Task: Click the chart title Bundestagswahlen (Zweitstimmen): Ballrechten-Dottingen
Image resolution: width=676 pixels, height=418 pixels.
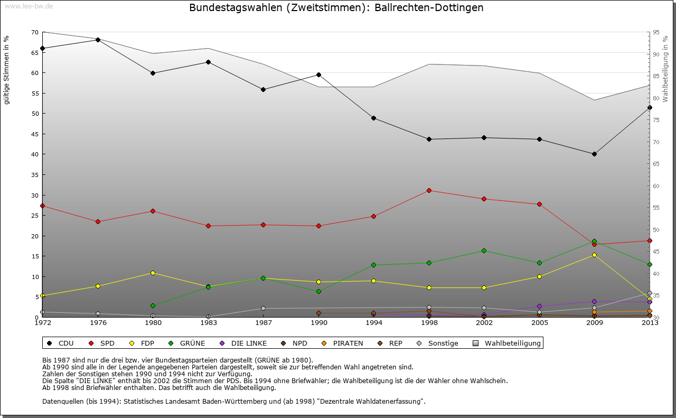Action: pos(336,8)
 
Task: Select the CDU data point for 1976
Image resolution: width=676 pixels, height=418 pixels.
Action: pos(98,40)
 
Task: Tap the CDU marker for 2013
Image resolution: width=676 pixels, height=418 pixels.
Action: pos(650,107)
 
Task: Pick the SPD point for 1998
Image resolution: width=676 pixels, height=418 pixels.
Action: pos(429,190)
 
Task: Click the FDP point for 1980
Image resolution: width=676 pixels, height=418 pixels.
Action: pos(153,273)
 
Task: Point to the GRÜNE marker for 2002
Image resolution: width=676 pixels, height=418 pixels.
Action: pos(484,250)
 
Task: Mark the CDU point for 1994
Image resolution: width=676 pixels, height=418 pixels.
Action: pos(373,118)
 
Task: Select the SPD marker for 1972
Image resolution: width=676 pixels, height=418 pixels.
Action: pos(42,206)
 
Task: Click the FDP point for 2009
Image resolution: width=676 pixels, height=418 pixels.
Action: pos(594,255)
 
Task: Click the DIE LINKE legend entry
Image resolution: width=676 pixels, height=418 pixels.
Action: pos(243,343)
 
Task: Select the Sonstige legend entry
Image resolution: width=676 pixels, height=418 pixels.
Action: pos(438,343)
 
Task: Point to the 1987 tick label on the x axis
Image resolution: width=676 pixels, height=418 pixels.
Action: pos(263,322)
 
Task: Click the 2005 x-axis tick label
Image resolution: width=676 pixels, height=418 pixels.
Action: pos(539,322)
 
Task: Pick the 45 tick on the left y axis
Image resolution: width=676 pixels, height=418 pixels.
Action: pos(34,134)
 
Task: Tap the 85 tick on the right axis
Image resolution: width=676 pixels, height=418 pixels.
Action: pos(656,76)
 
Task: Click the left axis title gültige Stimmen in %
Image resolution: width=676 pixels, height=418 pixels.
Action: pos(7,70)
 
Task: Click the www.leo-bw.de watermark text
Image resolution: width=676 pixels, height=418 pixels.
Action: pos(29,6)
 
